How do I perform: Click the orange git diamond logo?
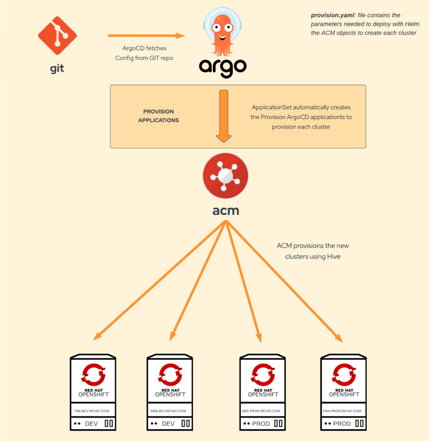pyautogui.click(x=57, y=35)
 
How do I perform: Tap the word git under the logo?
pyautogui.click(x=57, y=68)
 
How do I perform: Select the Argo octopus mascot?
pyautogui.click(x=222, y=32)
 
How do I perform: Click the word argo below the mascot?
pyautogui.click(x=222, y=68)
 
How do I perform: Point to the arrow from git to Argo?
pyautogui.click(x=146, y=36)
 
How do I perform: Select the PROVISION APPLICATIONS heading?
pyautogui.click(x=158, y=116)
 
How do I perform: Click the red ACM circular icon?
pyautogui.click(x=225, y=176)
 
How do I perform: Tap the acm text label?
pyautogui.click(x=225, y=211)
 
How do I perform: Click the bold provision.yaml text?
pyautogui.click(x=333, y=15)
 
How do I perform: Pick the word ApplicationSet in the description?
pyautogui.click(x=272, y=107)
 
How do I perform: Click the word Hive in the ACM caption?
pyautogui.click(x=334, y=257)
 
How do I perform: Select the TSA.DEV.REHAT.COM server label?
pyautogui.click(x=91, y=411)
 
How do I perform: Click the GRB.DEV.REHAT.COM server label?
pyautogui.click(x=168, y=411)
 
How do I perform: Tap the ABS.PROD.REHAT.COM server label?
pyautogui.click(x=261, y=411)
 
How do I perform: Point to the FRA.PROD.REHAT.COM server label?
pyautogui.click(x=342, y=411)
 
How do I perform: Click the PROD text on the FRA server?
pyautogui.click(x=342, y=424)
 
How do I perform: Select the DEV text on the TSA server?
pyautogui.click(x=91, y=424)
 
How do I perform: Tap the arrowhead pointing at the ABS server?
pyautogui.click(x=259, y=338)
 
